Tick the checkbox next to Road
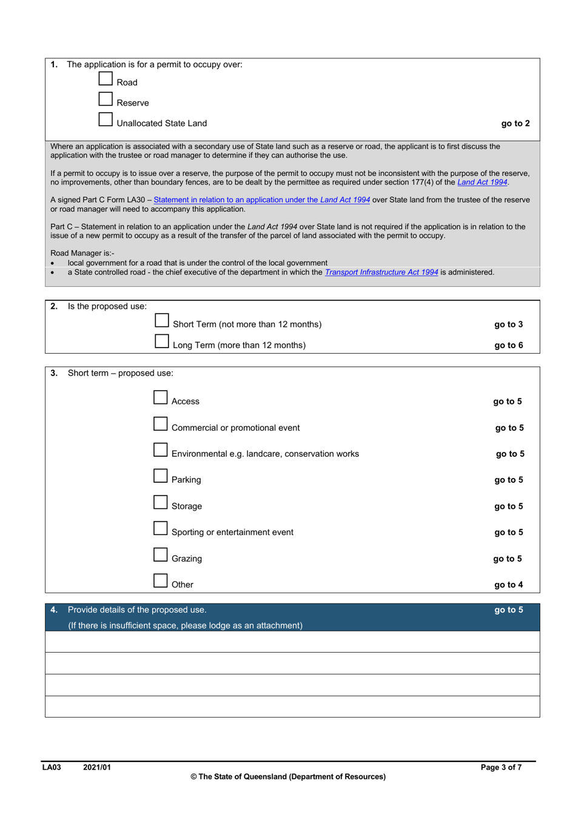106,79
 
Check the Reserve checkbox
106,99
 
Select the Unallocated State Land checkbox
106,119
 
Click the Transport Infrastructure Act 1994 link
381,272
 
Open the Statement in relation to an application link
261,200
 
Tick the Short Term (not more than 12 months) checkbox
162,320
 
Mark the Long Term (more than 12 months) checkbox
162,341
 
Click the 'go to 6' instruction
508,345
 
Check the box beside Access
161,397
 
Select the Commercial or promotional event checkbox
161,424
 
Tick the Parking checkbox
161,476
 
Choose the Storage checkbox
161,502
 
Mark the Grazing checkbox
161,555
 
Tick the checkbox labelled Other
161,580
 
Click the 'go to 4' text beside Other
508,585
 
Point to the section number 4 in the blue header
54,610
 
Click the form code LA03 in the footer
52,767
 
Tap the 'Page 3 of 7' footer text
501,767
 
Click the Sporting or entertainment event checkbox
161,528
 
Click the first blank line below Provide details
292,642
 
